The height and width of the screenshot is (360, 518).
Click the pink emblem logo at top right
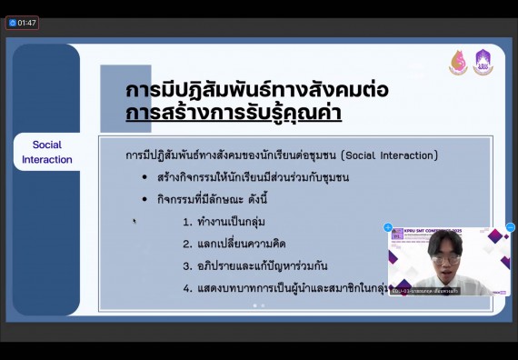click(458, 63)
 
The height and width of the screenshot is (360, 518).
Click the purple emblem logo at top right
click(483, 62)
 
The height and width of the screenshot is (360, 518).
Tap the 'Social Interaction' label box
click(46, 152)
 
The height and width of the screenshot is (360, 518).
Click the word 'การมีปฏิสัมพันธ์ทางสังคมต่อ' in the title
click(257, 91)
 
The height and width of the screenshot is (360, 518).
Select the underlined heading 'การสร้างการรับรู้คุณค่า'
click(234, 115)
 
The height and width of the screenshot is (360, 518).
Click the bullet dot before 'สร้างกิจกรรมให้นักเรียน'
click(145, 177)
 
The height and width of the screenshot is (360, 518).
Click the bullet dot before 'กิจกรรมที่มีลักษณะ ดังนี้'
click(145, 199)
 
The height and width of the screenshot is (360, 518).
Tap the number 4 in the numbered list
click(185, 288)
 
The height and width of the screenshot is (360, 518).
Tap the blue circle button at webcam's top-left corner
click(388, 227)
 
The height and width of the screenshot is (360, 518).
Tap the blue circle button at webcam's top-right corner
click(510, 227)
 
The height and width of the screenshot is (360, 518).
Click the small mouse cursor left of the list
click(134, 220)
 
